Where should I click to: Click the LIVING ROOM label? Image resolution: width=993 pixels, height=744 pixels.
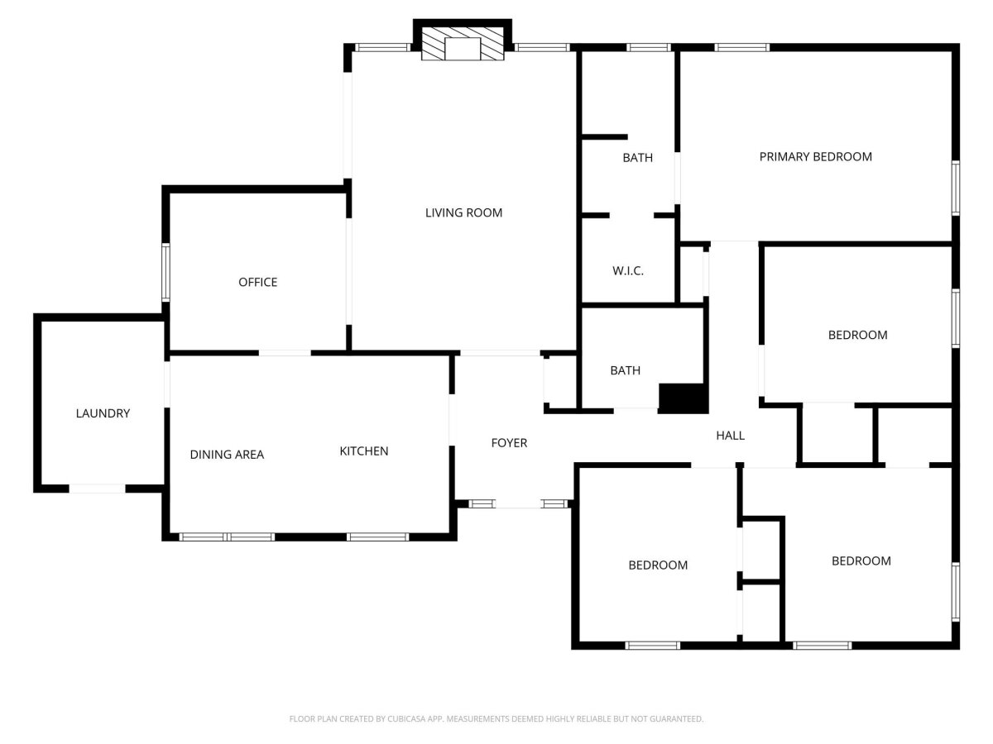pyautogui.click(x=463, y=212)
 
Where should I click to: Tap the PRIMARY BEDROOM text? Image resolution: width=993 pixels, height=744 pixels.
pyautogui.click(x=815, y=157)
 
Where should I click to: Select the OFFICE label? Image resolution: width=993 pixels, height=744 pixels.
pyautogui.click(x=257, y=283)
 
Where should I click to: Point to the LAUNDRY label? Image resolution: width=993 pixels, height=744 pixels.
pyautogui.click(x=103, y=413)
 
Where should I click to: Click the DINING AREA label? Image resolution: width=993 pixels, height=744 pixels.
pyautogui.click(x=227, y=455)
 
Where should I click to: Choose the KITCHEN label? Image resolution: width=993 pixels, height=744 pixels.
pyautogui.click(x=364, y=451)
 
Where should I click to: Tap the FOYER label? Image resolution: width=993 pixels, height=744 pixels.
pyautogui.click(x=509, y=443)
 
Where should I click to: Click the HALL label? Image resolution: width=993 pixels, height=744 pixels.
pyautogui.click(x=730, y=436)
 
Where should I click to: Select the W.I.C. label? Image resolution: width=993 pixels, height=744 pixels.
pyautogui.click(x=628, y=271)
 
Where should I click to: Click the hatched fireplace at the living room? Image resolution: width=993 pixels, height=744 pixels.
pyautogui.click(x=463, y=43)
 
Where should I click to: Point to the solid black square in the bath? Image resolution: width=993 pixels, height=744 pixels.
pyautogui.click(x=684, y=398)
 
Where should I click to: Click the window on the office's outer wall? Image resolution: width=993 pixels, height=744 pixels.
pyautogui.click(x=166, y=273)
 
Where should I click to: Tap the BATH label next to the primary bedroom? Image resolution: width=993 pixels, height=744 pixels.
pyautogui.click(x=637, y=158)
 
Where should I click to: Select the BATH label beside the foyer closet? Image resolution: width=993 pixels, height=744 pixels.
pyautogui.click(x=626, y=371)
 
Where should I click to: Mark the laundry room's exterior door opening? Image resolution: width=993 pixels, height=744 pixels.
pyautogui.click(x=98, y=489)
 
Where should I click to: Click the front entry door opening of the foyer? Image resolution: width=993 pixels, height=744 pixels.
pyautogui.click(x=519, y=503)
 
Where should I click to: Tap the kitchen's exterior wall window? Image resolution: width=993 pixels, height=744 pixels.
pyautogui.click(x=377, y=537)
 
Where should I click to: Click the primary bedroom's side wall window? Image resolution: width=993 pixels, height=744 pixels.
pyautogui.click(x=956, y=188)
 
